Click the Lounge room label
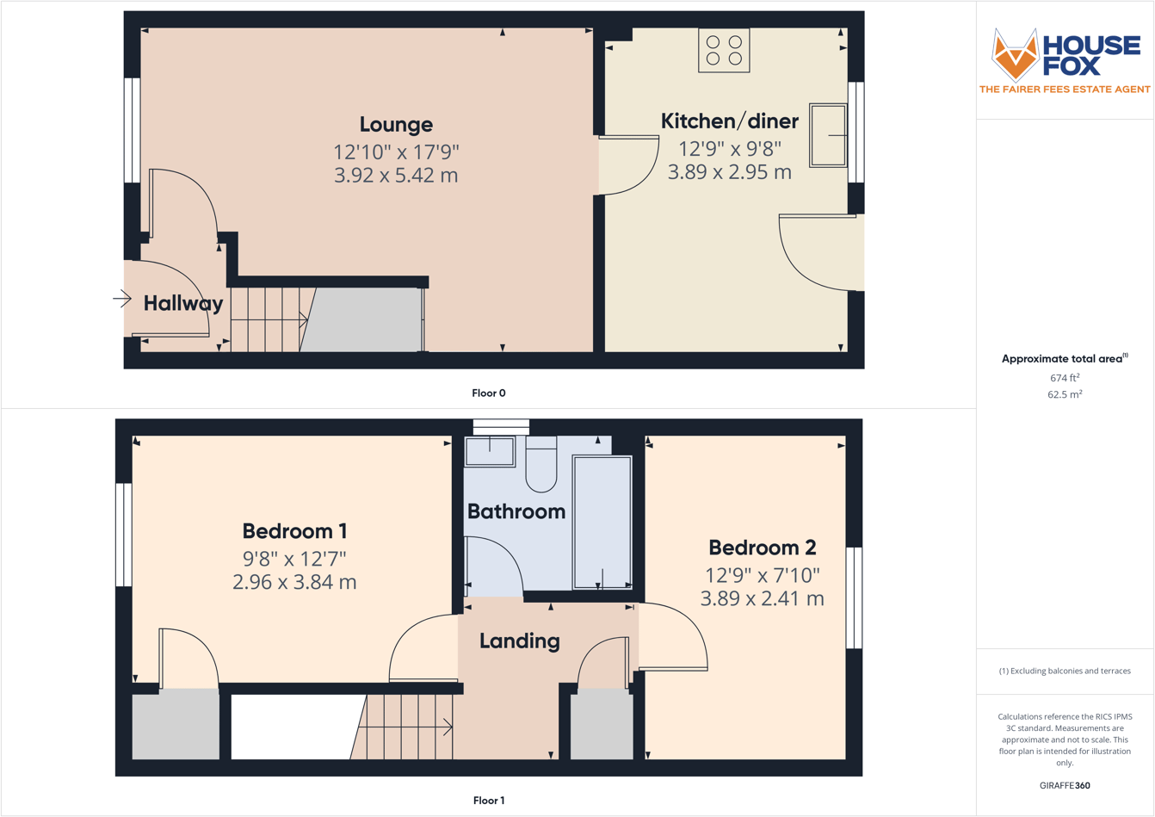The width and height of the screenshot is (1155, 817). pyautogui.click(x=396, y=125)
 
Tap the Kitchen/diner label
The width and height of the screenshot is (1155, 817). pyautogui.click(x=729, y=121)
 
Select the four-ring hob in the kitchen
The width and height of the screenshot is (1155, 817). pyautogui.click(x=724, y=50)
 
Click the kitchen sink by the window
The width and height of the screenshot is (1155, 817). pyautogui.click(x=828, y=135)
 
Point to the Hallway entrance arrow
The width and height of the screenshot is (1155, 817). pyautogui.click(x=121, y=300)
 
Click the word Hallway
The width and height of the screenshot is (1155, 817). pyautogui.click(x=183, y=303)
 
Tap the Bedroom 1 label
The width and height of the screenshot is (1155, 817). pyautogui.click(x=294, y=531)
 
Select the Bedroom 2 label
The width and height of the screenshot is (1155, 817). pyautogui.click(x=762, y=548)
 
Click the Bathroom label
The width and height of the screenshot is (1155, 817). pyautogui.click(x=516, y=511)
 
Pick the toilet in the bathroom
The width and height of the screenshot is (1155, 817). pyautogui.click(x=541, y=463)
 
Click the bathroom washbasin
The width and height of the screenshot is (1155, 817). pyautogui.click(x=490, y=451)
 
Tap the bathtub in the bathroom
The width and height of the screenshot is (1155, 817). pyautogui.click(x=602, y=523)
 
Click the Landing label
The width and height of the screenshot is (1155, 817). pyautogui.click(x=519, y=641)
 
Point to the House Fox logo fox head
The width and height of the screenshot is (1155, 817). pyautogui.click(x=1015, y=55)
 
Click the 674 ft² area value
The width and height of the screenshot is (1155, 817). pyautogui.click(x=1065, y=378)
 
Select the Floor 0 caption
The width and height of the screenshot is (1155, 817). pyautogui.click(x=489, y=393)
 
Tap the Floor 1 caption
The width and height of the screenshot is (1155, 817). pyautogui.click(x=489, y=801)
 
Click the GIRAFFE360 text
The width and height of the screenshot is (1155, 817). pyautogui.click(x=1065, y=785)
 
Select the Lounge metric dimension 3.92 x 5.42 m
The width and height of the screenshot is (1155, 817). pyautogui.click(x=396, y=176)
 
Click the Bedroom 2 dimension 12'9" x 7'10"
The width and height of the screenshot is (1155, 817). pyautogui.click(x=763, y=575)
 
